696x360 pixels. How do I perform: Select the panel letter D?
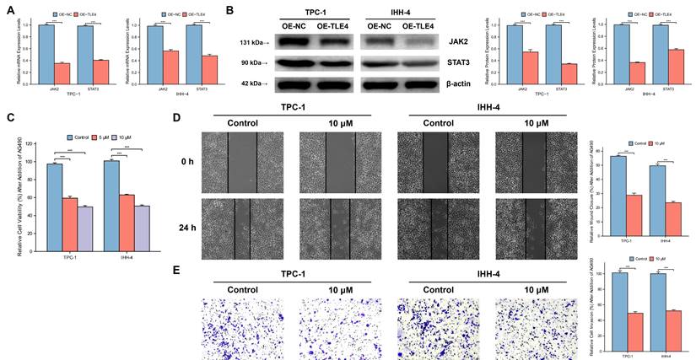coord(175,118)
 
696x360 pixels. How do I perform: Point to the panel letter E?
coord(175,270)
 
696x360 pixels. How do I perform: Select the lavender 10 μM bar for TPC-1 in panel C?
coord(84,228)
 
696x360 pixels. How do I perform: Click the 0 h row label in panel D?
coord(191,160)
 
